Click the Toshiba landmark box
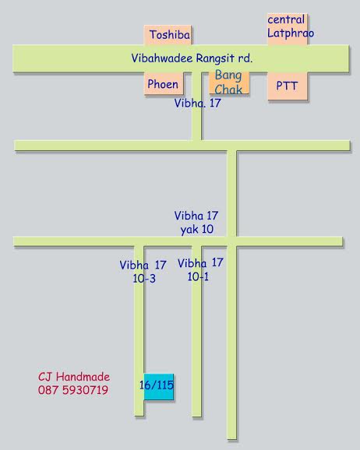tap(168, 35)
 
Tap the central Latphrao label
tap(291, 26)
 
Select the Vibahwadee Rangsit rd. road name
tap(192, 58)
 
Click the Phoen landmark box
tap(164, 83)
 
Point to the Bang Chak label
tap(228, 83)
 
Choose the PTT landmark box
tap(288, 86)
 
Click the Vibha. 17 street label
tap(197, 103)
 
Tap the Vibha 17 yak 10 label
tap(196, 223)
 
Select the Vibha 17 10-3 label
tap(143, 272)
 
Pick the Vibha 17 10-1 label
tap(200, 270)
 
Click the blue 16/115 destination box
tap(159, 387)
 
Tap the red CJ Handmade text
tap(74, 377)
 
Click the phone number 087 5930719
tap(73, 390)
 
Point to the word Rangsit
tap(215, 59)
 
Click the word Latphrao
tap(291, 33)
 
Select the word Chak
tap(228, 90)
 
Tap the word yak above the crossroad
tap(189, 230)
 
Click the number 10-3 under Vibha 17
tap(144, 279)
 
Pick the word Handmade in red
tap(83, 377)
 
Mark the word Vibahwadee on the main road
tap(162, 58)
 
